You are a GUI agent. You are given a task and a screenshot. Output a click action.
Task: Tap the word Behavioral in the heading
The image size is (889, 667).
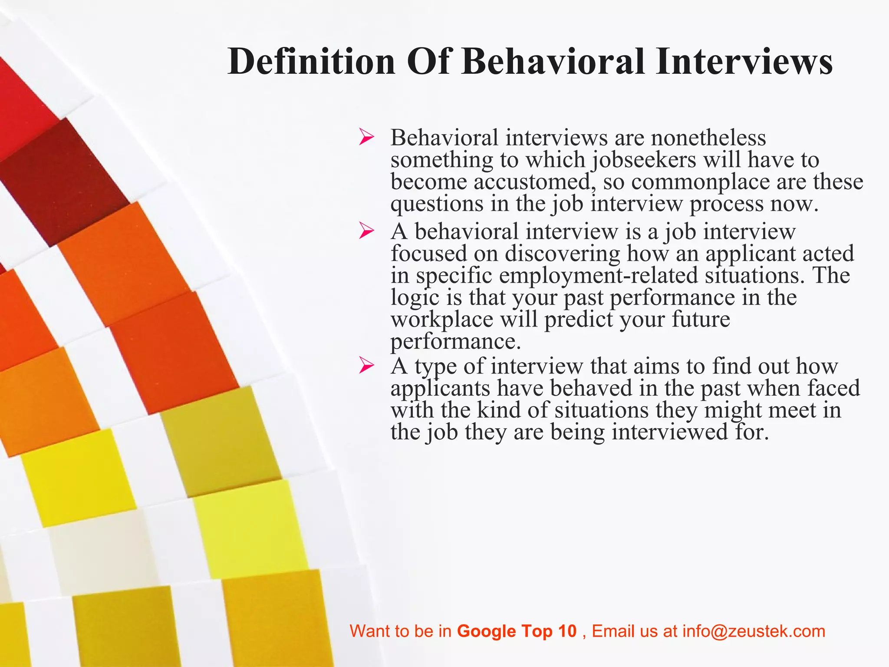(553, 62)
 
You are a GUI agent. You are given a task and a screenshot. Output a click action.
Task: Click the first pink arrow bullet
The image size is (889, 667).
(366, 138)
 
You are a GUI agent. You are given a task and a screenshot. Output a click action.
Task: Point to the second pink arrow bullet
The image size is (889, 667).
(366, 231)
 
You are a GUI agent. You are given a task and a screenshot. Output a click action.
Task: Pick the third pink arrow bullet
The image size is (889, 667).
(366, 366)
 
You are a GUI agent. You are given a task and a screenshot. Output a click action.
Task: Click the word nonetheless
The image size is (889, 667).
(708, 138)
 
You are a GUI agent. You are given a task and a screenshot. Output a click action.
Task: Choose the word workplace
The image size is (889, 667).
(441, 320)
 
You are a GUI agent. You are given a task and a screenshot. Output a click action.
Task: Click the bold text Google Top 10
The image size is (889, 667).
(517, 631)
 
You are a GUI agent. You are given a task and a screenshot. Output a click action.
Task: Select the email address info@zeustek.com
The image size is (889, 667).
(754, 631)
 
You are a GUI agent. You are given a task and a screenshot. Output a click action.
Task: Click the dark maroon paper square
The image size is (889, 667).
(65, 182)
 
